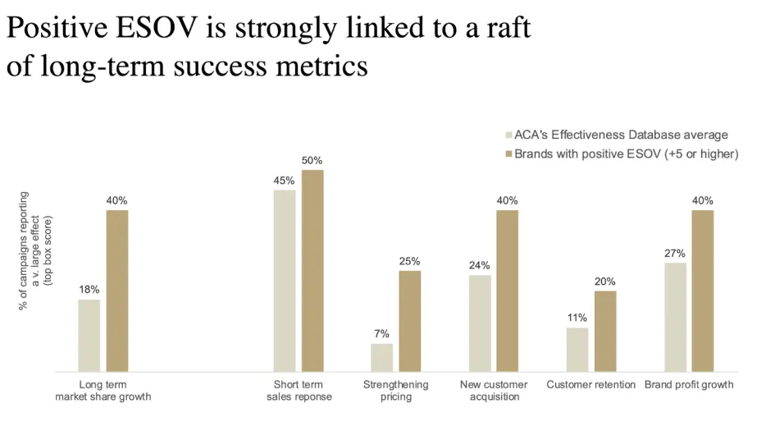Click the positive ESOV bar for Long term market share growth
click(117, 291)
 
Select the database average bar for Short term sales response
click(285, 281)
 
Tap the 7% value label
click(381, 334)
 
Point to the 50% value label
click(312, 160)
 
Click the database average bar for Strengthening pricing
click(381, 358)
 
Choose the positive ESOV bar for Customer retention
click(604, 332)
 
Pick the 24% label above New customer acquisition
click(479, 265)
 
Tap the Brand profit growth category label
click(689, 384)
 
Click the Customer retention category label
click(590, 384)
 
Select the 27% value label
click(675, 253)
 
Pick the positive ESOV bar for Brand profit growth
click(703, 291)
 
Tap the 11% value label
click(577, 318)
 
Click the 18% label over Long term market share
click(89, 289)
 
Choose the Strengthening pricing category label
click(396, 391)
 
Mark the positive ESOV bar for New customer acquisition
click(507, 291)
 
